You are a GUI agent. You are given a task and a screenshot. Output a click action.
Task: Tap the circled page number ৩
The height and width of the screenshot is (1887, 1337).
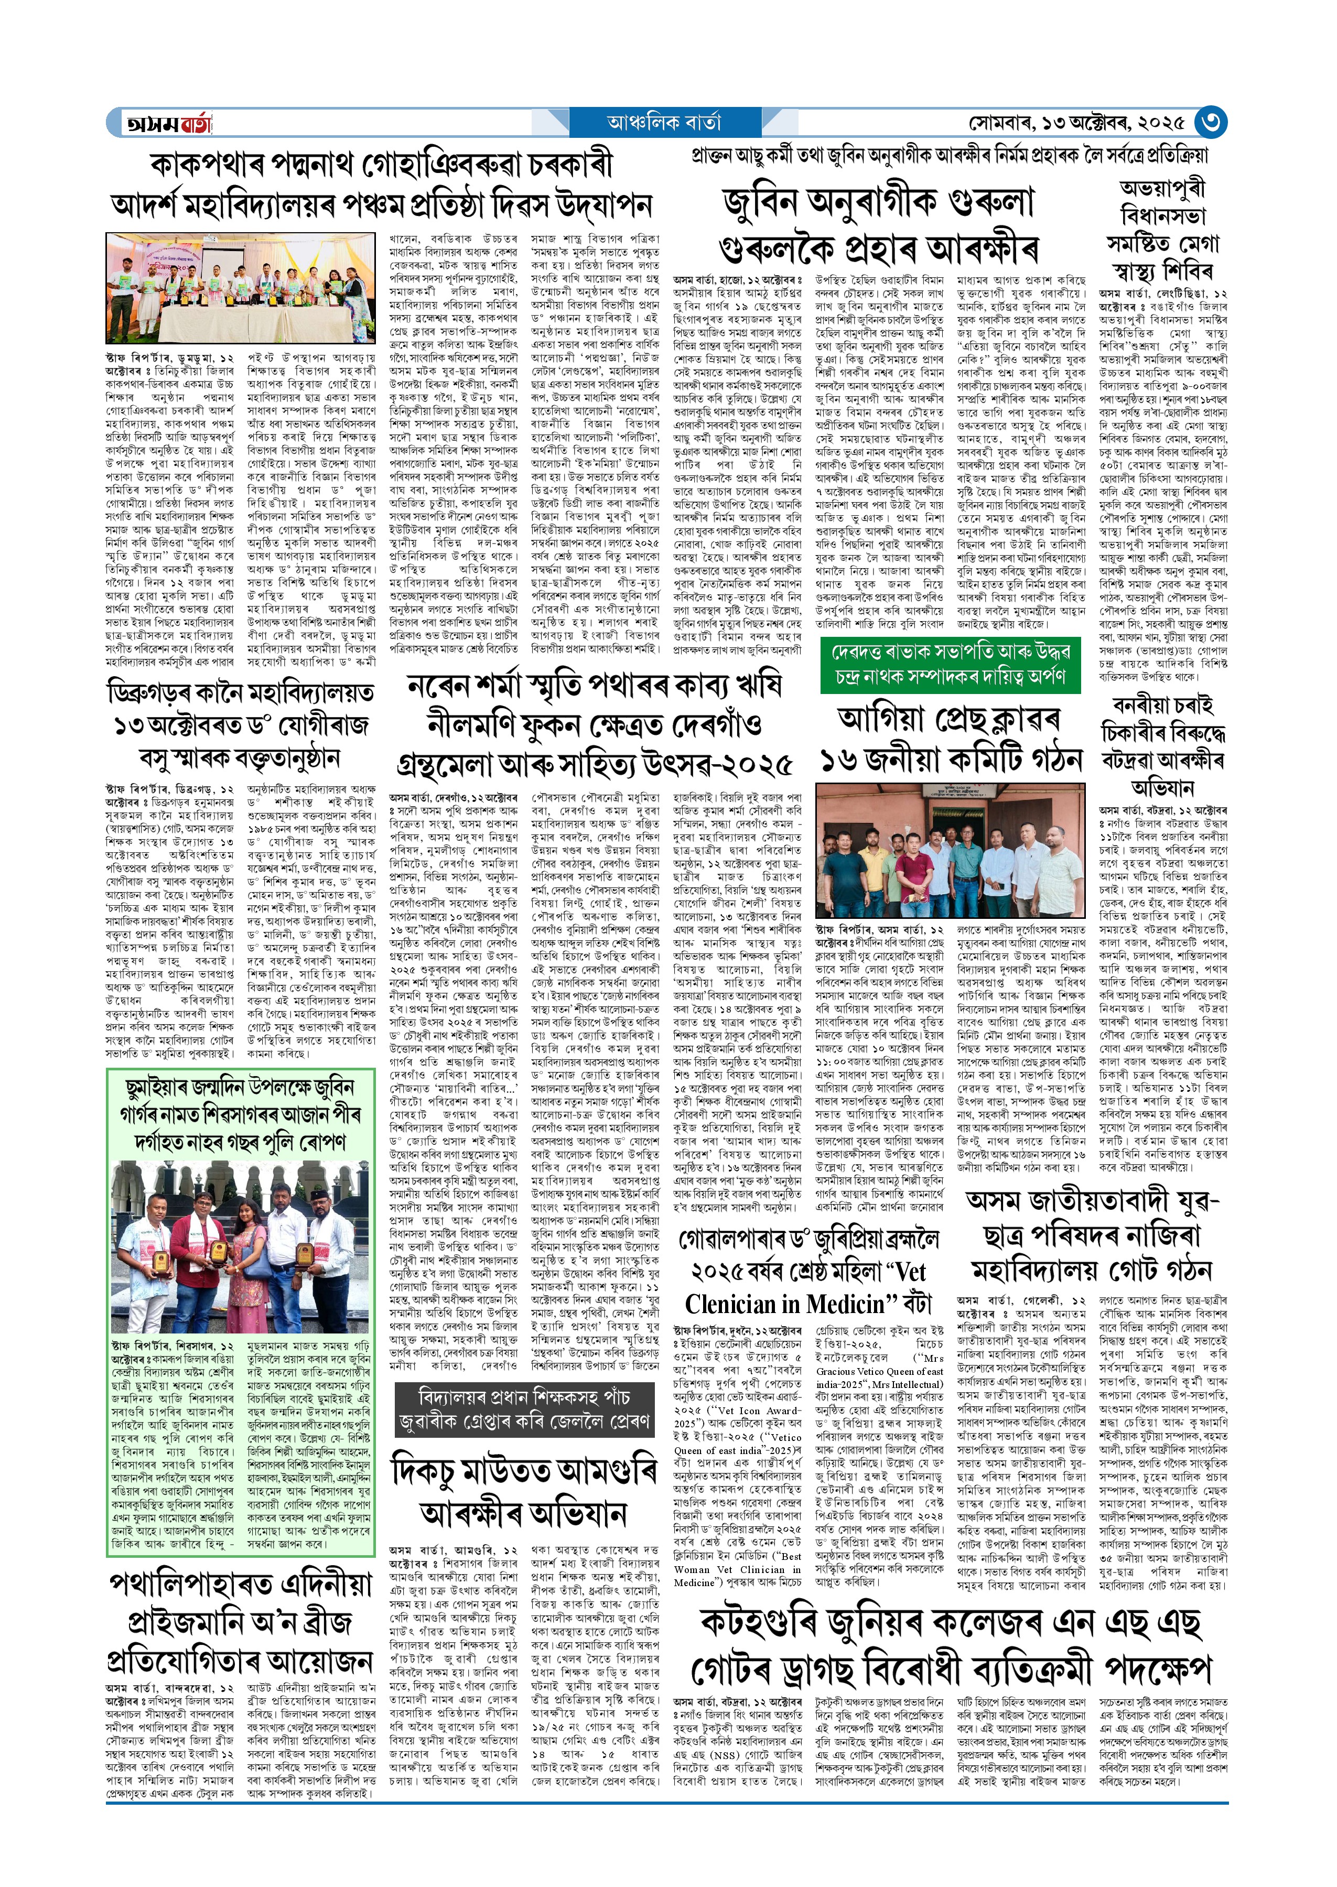click(x=1210, y=123)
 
